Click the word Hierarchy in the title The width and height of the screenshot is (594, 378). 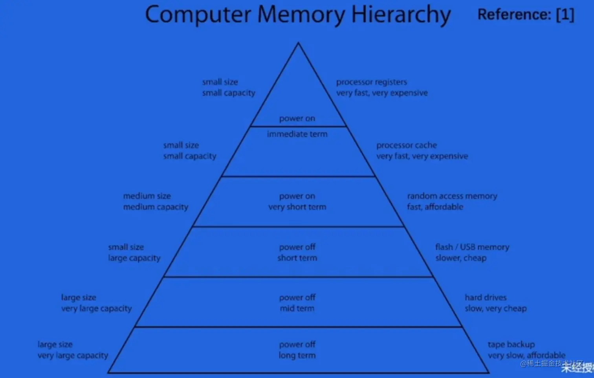tap(401, 15)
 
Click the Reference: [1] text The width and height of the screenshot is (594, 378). tap(526, 15)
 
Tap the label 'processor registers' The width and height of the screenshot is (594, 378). tap(371, 82)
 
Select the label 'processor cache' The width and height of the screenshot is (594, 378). tap(406, 145)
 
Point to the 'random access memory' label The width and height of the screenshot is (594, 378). tap(452, 196)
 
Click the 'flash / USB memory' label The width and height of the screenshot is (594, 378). tap(472, 247)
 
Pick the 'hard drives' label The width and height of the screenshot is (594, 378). tap(486, 297)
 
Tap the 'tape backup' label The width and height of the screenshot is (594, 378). tap(511, 345)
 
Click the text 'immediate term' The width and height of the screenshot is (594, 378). tap(297, 134)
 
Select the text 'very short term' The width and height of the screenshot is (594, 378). tap(297, 207)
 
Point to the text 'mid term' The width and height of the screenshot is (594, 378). tap(297, 309)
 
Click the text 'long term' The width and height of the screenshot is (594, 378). tap(297, 356)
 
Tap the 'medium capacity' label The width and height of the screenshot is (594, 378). tap(156, 207)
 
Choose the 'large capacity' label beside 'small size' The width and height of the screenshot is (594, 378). tap(134, 258)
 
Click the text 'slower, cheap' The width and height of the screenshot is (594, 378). tap(460, 258)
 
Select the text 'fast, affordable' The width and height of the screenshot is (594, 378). tap(435, 207)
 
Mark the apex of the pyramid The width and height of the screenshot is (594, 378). tap(298, 43)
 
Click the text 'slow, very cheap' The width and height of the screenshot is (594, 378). tap(495, 309)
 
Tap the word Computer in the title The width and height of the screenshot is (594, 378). tap(198, 15)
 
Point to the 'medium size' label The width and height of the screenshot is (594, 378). tap(147, 196)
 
